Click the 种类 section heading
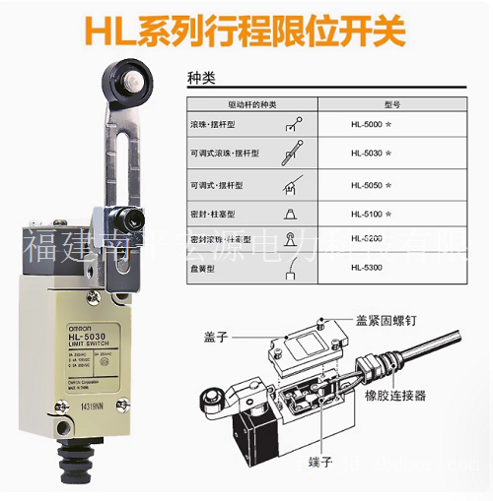(x=201, y=76)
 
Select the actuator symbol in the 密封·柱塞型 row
(x=288, y=213)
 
